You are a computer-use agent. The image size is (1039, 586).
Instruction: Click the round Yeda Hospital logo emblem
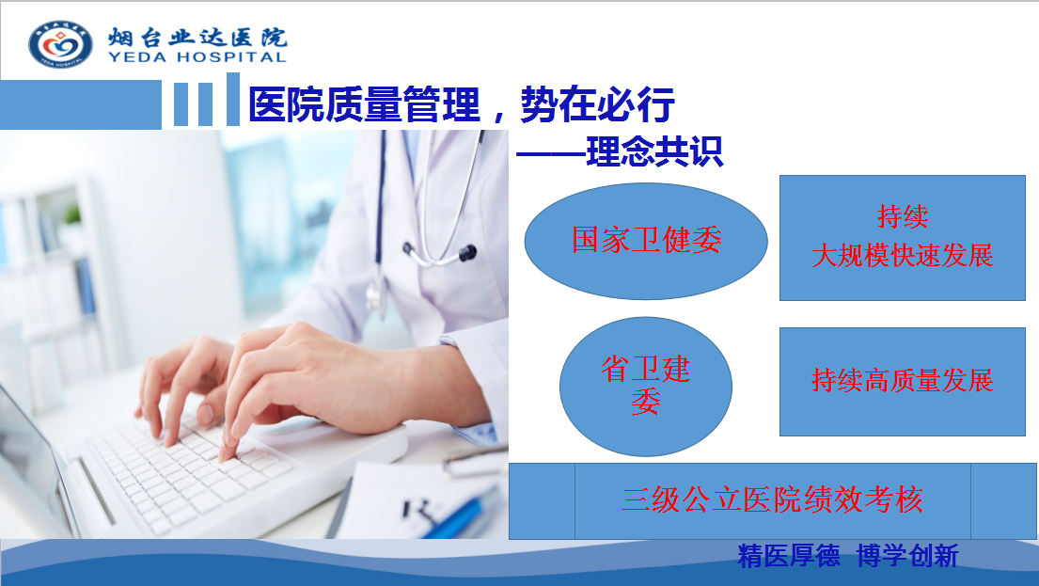(60, 44)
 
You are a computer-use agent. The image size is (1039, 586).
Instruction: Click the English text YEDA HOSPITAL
(197, 57)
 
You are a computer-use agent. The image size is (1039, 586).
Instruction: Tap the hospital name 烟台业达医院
(197, 37)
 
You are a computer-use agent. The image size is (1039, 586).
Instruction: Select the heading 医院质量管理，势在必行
(461, 104)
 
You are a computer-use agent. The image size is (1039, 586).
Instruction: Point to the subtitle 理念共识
(654, 151)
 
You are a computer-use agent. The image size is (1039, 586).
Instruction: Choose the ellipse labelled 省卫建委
(646, 387)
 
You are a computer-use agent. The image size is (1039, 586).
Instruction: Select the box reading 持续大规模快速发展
(903, 238)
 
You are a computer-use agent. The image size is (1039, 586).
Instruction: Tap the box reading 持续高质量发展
(903, 382)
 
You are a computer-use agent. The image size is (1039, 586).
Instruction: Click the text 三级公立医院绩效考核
(772, 499)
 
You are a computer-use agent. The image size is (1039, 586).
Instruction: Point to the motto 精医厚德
(789, 556)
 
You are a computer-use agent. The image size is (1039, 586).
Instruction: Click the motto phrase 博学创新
(907, 556)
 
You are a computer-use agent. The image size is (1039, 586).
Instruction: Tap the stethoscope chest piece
(467, 253)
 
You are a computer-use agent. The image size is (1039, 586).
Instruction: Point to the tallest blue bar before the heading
(232, 99)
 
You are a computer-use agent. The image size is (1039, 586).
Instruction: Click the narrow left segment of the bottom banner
(542, 501)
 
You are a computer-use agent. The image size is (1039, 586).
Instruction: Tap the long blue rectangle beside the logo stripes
(81, 104)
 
